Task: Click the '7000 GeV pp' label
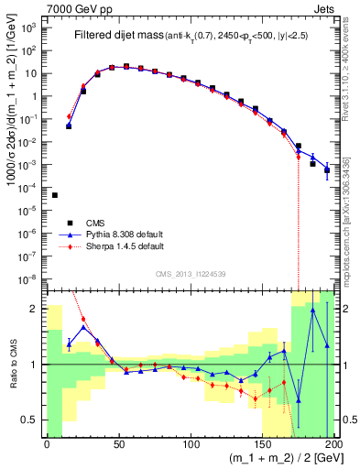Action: pyautogui.click(x=76, y=7)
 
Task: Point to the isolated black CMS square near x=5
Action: pyautogui.click(x=54, y=195)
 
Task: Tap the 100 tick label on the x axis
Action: pyautogui.click(x=191, y=444)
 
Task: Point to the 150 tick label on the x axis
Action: pyautogui.click(x=262, y=444)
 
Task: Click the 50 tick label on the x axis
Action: pyautogui.click(x=118, y=444)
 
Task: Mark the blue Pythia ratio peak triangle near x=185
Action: pyautogui.click(x=313, y=311)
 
